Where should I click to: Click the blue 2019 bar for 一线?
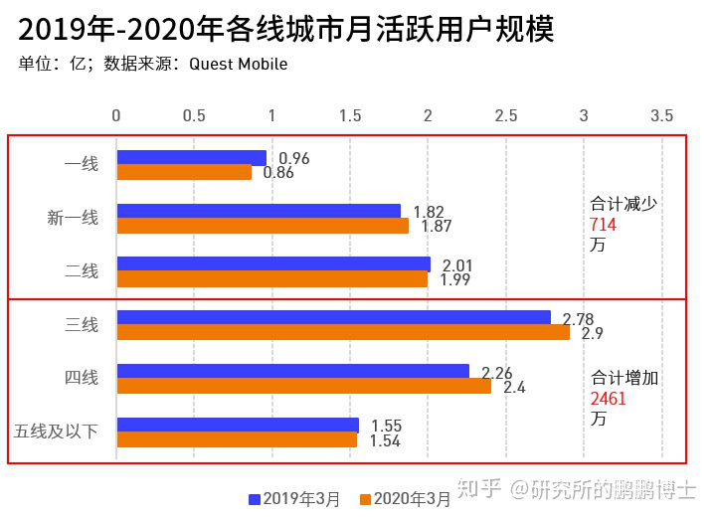point(191,157)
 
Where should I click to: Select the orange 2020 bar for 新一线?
point(263,226)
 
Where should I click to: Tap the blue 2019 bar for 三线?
point(333,317)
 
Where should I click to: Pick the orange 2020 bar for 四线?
point(303,386)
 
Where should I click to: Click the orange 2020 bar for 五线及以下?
point(236,439)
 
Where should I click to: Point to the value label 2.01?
point(457,264)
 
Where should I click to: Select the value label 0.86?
point(278,173)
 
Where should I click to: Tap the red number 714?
point(603,225)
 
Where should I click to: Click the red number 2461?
point(608,400)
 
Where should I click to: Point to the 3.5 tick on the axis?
point(661,115)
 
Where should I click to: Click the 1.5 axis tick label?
point(350,115)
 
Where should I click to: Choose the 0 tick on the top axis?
point(116,115)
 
